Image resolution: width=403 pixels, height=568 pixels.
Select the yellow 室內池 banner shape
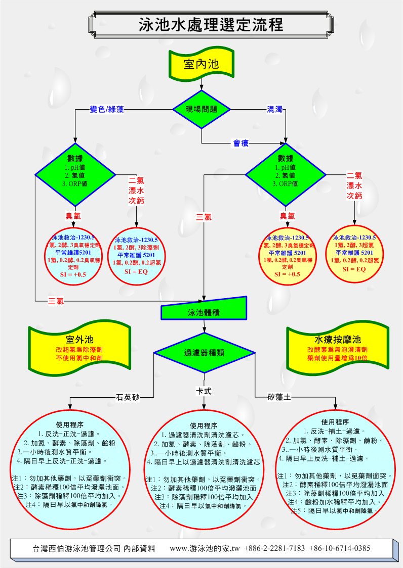201,64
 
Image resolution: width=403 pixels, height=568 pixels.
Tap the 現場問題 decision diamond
201,109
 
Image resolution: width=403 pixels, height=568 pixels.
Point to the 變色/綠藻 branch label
107,109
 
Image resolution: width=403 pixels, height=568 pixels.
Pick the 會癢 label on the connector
241,144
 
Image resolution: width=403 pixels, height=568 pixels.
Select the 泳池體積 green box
204,312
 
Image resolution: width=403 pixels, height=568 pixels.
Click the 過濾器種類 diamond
204,352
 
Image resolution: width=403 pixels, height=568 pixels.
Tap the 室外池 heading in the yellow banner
79,340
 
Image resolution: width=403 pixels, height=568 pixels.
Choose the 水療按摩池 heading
338,339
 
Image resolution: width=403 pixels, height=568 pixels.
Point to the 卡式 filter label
204,391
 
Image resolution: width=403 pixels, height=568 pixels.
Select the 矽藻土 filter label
279,397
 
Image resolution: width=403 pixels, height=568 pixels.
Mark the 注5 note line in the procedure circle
334,511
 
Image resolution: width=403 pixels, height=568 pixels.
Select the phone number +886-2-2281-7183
274,548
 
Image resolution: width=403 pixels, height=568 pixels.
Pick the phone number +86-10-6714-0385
339,548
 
